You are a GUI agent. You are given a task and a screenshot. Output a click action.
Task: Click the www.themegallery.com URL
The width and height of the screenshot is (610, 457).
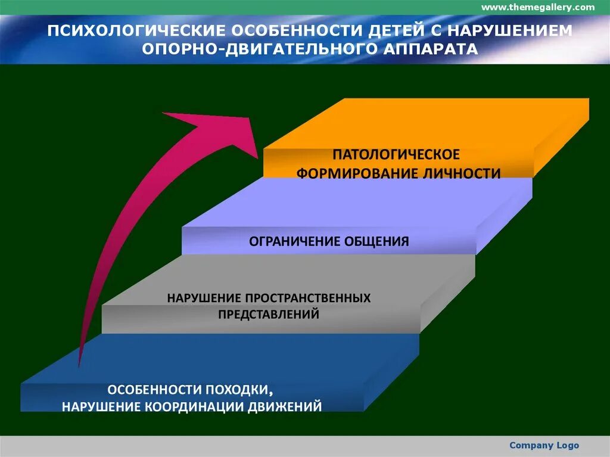point(537,7)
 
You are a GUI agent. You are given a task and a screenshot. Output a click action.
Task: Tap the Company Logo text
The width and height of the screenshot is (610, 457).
point(544,445)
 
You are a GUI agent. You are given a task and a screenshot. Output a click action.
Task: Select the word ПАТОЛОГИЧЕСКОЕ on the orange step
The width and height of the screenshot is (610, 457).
point(396,155)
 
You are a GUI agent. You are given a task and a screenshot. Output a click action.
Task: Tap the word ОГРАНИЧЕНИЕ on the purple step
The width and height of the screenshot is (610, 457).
point(295,241)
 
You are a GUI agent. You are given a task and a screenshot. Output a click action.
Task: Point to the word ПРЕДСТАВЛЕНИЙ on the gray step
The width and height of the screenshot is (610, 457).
point(268,314)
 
